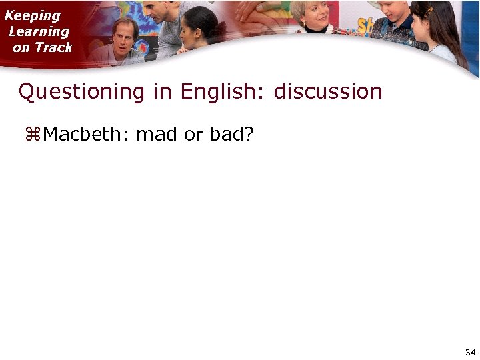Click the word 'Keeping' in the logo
33,15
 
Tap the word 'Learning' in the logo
39,31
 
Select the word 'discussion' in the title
328,91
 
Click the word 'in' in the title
162,91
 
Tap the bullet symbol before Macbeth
33,135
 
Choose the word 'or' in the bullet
193,135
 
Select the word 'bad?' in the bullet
231,135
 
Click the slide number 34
470,351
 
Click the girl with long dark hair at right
437,30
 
